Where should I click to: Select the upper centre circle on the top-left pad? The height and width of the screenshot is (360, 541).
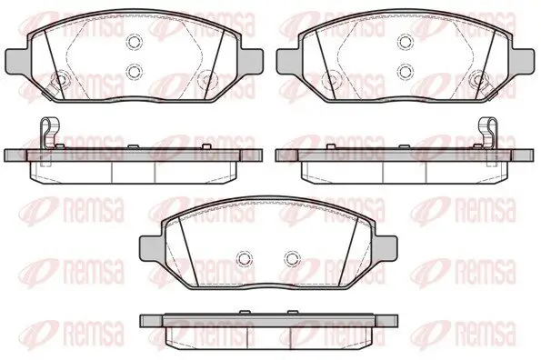(135, 42)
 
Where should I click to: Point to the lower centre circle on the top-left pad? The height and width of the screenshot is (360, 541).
(135, 72)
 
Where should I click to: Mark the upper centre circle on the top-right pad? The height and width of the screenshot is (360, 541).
(406, 42)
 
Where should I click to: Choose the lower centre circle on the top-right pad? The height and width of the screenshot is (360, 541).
(406, 72)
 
